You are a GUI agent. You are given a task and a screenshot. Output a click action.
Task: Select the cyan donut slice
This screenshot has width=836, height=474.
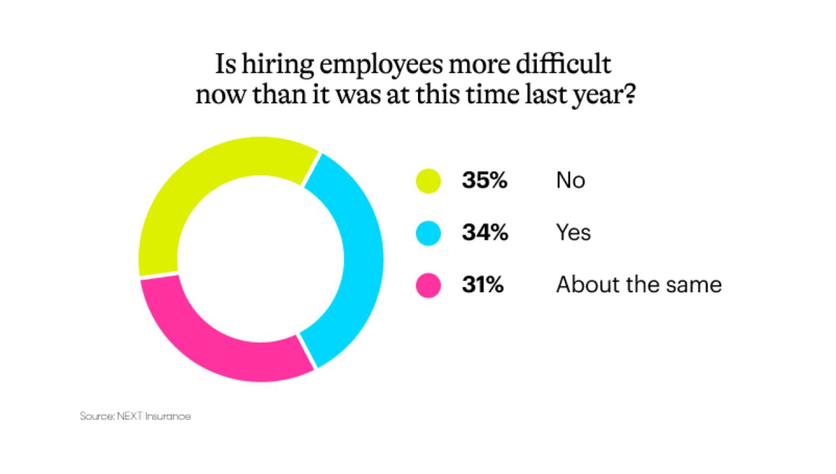pos(357,256)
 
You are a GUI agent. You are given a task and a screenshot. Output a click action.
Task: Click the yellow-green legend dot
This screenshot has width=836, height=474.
pos(428,181)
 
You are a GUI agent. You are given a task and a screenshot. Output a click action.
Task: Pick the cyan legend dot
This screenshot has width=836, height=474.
pos(428,233)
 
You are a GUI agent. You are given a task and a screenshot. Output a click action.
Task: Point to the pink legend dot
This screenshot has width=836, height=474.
pos(428,285)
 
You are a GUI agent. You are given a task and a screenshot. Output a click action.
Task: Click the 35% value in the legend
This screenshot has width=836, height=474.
pos(484,181)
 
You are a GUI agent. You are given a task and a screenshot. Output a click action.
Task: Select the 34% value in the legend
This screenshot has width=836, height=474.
pos(484,233)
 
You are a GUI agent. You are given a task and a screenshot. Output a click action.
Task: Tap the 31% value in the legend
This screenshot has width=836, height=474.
pos(482,285)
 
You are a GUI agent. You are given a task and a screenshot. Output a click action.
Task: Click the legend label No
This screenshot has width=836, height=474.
pos(570,181)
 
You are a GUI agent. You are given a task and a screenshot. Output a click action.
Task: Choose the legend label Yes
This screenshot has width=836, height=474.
pos(573,233)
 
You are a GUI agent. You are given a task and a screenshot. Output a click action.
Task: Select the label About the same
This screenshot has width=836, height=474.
pos(639,285)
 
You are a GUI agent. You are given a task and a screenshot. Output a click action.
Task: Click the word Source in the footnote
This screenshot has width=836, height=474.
pos(96,416)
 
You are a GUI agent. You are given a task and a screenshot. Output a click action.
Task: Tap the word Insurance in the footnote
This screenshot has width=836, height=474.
pos(168,416)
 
